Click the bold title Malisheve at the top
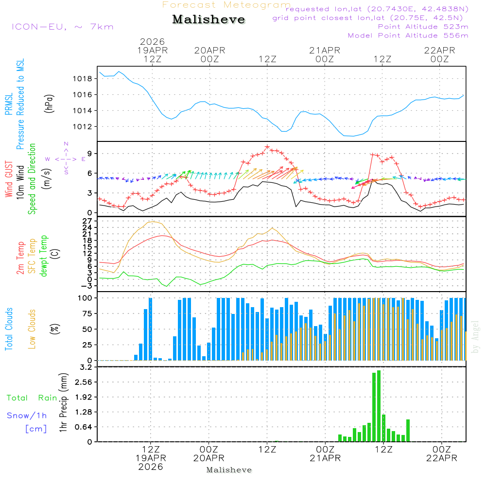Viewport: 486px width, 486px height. [x=208, y=20]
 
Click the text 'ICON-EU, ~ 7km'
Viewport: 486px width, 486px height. [x=62, y=27]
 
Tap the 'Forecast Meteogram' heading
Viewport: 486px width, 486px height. [x=226, y=5]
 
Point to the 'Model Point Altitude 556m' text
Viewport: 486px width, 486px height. [x=408, y=35]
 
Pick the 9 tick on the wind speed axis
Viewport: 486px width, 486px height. [x=90, y=154]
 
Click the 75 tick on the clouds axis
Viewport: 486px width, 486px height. [x=87, y=313]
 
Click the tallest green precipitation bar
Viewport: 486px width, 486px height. [x=379, y=406]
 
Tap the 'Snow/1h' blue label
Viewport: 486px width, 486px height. [x=27, y=416]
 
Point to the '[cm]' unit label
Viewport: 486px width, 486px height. [x=35, y=429]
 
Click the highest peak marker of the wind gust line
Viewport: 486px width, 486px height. [x=267, y=146]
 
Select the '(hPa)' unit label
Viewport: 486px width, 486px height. [x=49, y=103]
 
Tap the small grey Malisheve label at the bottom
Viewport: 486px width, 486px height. [x=229, y=470]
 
